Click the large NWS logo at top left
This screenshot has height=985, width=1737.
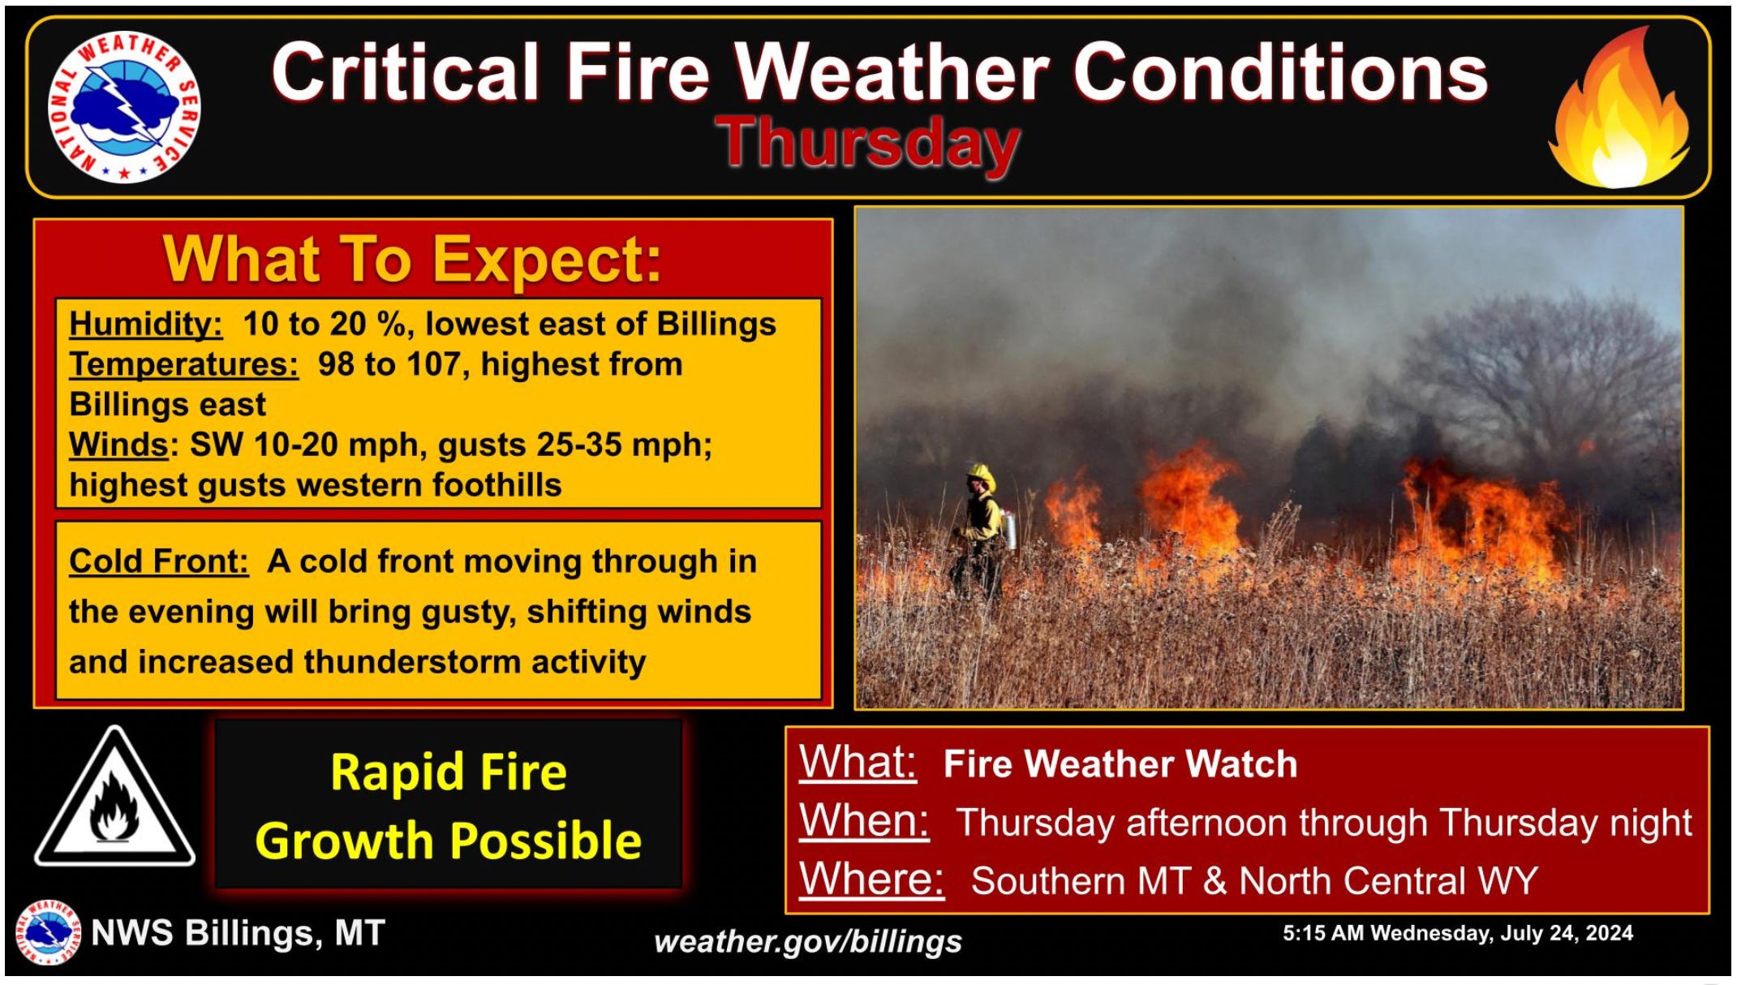tap(124, 107)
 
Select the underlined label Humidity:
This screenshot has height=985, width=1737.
tap(145, 324)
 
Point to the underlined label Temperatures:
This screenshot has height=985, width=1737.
tap(183, 364)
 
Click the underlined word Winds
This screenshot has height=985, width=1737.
tap(118, 445)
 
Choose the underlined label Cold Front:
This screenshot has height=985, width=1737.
tap(158, 561)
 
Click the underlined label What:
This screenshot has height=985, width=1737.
tap(858, 763)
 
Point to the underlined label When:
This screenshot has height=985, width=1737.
tap(864, 820)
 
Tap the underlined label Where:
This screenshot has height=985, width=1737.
tap(871, 879)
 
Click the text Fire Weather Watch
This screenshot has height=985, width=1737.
tap(1120, 764)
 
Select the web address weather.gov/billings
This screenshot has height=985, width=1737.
tap(808, 941)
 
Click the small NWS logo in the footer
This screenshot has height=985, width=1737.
tap(49, 932)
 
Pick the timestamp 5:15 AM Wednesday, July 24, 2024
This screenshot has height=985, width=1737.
tap(1458, 933)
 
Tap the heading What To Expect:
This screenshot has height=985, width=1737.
tap(413, 260)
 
